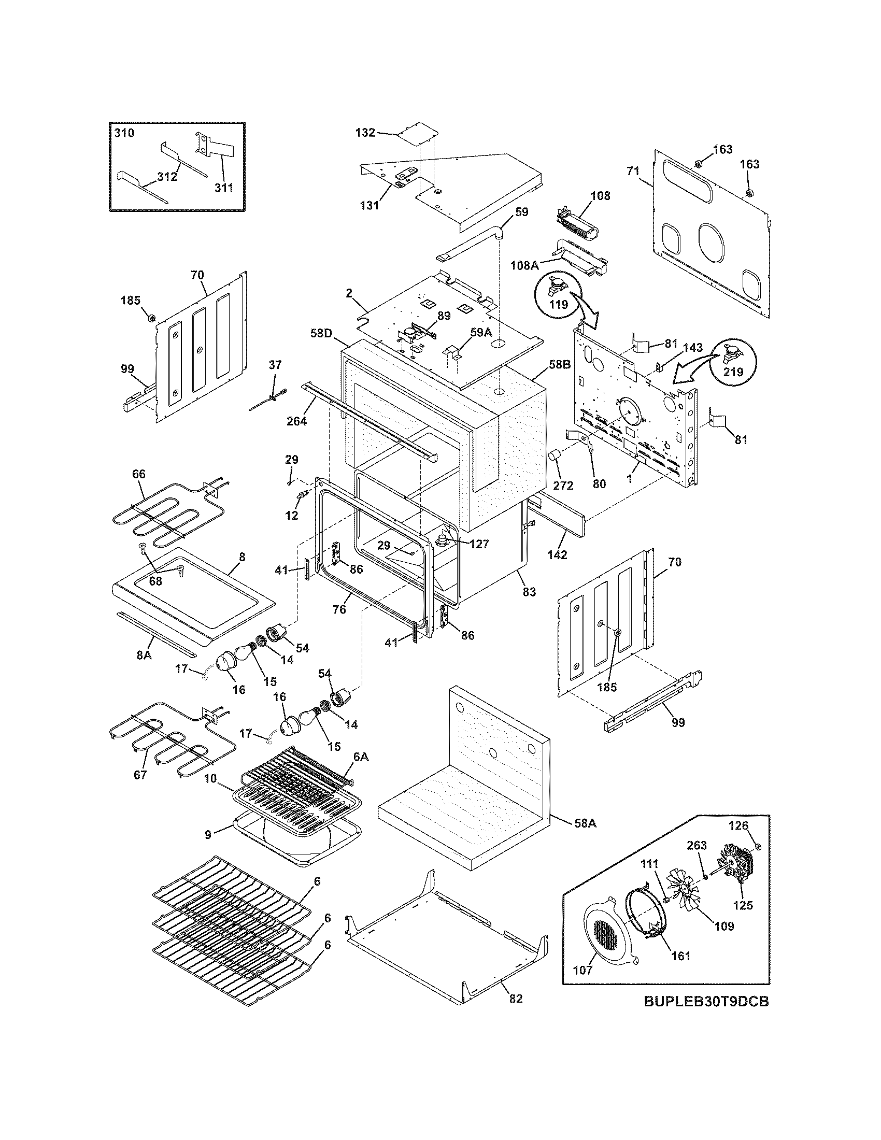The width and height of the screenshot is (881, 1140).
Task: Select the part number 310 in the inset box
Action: tap(124, 133)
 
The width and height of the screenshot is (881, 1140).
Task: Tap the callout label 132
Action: tap(365, 133)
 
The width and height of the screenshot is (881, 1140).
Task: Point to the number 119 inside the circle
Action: tap(558, 304)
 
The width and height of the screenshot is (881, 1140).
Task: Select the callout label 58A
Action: tap(585, 824)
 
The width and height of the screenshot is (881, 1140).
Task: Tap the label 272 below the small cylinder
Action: tap(563, 486)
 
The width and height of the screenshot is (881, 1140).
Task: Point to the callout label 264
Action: tap(296, 420)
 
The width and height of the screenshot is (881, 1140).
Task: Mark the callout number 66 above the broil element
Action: tap(139, 474)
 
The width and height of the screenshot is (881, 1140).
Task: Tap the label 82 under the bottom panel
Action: tap(515, 999)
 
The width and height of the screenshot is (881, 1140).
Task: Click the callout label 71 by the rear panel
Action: tap(633, 170)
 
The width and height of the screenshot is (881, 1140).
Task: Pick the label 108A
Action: tap(524, 265)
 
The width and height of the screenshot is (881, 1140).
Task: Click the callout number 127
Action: tap(479, 544)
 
